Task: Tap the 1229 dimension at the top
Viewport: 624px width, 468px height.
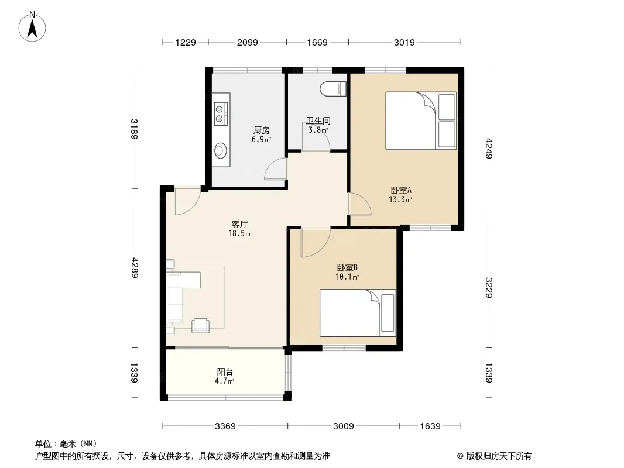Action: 186,42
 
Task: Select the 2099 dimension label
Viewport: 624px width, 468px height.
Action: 248,42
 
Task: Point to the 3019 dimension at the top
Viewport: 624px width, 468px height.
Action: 404,42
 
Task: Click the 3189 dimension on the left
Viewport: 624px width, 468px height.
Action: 134,129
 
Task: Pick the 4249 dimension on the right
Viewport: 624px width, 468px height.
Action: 489,149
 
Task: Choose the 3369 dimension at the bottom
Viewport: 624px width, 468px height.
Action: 225,426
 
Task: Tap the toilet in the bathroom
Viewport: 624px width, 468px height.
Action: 334,89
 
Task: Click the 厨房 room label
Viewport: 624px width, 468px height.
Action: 262,130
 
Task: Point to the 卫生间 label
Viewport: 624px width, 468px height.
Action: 318,121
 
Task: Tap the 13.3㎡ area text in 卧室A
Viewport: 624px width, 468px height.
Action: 400,199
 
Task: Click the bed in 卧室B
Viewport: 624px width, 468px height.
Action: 358,313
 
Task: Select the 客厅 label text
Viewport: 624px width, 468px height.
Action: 240,225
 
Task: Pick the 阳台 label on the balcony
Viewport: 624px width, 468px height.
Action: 225,372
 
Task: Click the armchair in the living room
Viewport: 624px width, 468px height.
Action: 201,325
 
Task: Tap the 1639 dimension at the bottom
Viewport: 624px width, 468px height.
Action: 430,426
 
